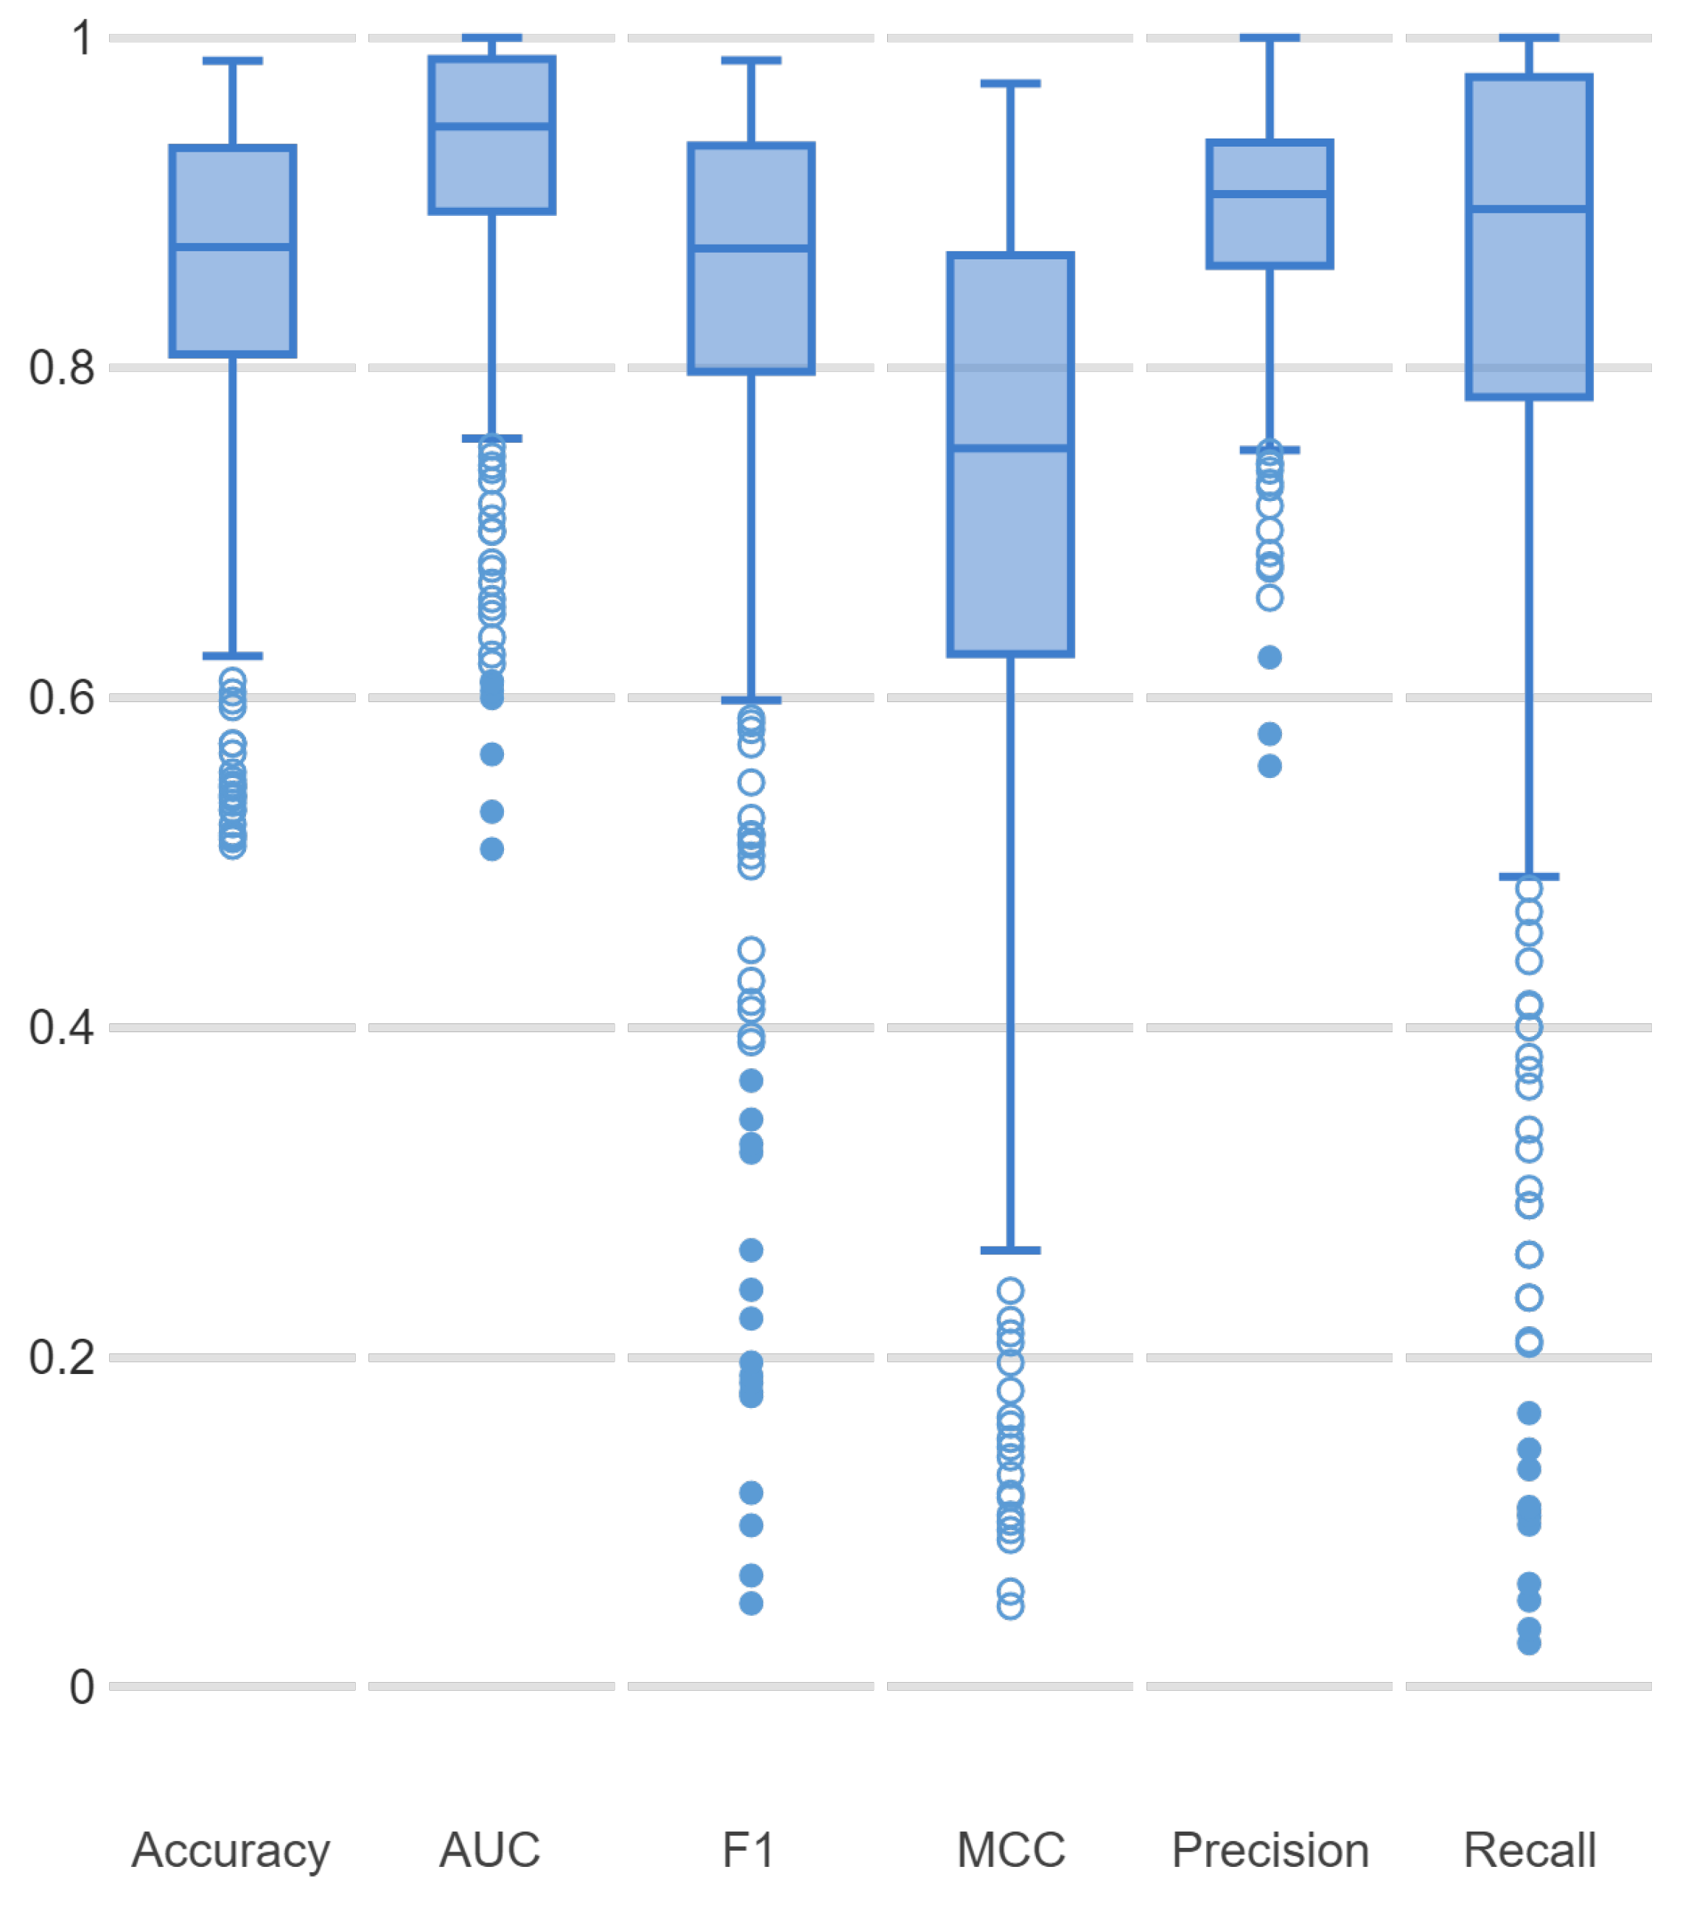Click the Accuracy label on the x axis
click(231, 1850)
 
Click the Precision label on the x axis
click(1270, 1850)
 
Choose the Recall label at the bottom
click(1530, 1850)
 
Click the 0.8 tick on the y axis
click(62, 368)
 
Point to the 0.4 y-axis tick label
click(62, 1028)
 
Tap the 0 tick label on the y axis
click(82, 1688)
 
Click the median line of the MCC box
click(1011, 449)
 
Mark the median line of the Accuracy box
click(233, 247)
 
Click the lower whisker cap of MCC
click(1011, 1250)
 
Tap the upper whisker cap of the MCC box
click(1011, 84)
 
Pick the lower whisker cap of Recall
click(1530, 877)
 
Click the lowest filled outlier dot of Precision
click(1270, 766)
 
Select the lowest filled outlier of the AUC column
click(492, 849)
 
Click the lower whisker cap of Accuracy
click(233, 656)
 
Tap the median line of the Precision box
click(1270, 194)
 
